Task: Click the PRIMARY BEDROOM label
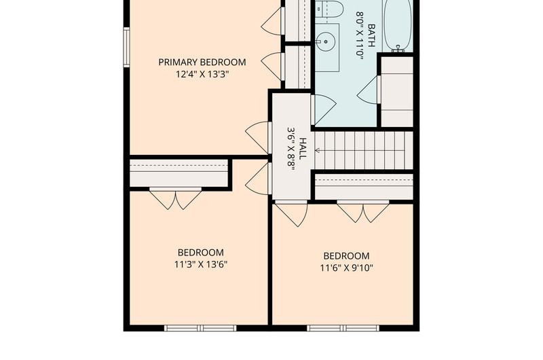(202, 62)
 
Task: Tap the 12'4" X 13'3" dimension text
(202, 74)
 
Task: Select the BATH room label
(371, 35)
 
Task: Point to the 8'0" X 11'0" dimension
(360, 35)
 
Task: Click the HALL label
(302, 149)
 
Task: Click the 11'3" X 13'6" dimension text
(201, 265)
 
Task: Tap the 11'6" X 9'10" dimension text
(347, 268)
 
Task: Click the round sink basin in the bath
(326, 41)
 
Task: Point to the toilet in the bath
(329, 9)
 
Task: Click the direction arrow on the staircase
(317, 150)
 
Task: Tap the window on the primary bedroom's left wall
(127, 47)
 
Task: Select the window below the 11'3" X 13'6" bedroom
(200, 328)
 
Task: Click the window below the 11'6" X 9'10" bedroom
(343, 328)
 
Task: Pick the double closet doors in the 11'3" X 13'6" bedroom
(175, 198)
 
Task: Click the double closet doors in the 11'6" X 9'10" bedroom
(363, 211)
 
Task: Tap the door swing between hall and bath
(324, 109)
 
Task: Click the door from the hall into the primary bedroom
(258, 137)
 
